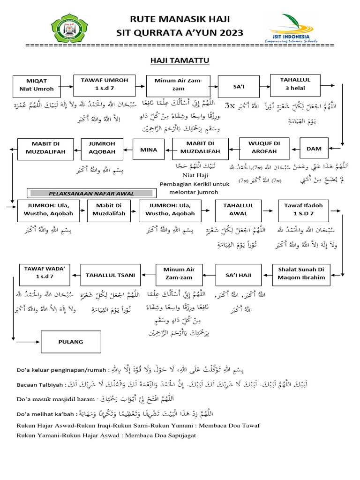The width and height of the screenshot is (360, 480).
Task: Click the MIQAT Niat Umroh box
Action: click(x=37, y=84)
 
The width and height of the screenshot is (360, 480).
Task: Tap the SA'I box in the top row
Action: click(x=239, y=86)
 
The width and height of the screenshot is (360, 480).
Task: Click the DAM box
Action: click(x=314, y=149)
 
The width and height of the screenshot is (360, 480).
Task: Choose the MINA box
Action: click(x=148, y=150)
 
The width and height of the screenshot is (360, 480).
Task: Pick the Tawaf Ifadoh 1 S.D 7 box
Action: click(x=303, y=210)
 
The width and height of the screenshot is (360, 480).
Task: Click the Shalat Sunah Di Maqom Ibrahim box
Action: click(x=301, y=274)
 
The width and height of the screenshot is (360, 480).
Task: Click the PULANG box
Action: click(x=71, y=342)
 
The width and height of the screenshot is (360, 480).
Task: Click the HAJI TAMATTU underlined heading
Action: click(x=180, y=60)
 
